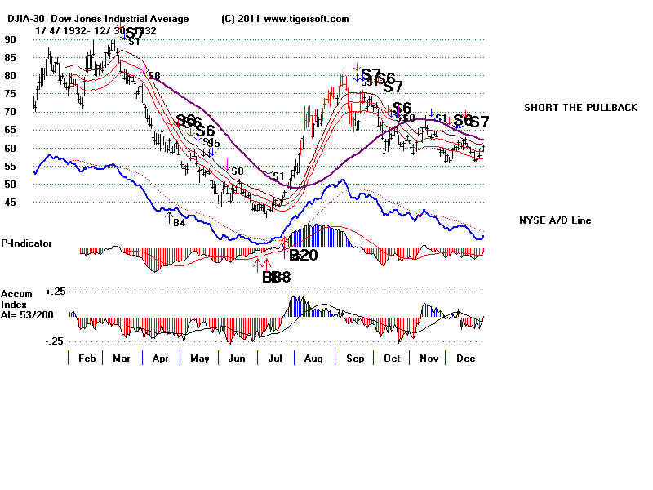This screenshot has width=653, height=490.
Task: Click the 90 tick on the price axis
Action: point(11,38)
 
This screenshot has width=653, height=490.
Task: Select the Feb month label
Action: point(88,358)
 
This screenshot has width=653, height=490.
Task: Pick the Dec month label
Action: point(465,358)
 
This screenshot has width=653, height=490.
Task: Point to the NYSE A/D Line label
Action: point(554,220)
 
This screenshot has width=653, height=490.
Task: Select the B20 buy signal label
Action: point(303,256)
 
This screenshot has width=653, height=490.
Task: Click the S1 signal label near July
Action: point(278,176)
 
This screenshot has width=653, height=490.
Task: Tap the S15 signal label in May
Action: point(212,143)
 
